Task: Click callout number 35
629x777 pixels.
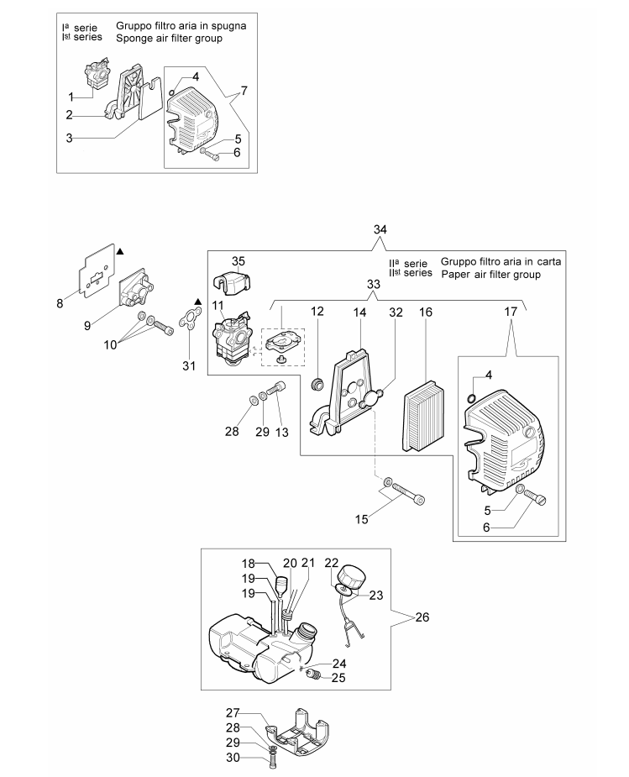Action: tap(238, 262)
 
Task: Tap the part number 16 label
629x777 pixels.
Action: tap(426, 312)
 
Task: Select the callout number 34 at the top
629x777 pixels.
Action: tap(380, 229)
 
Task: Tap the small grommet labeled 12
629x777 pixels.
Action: tap(317, 384)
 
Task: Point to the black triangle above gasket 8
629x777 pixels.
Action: tap(120, 249)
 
